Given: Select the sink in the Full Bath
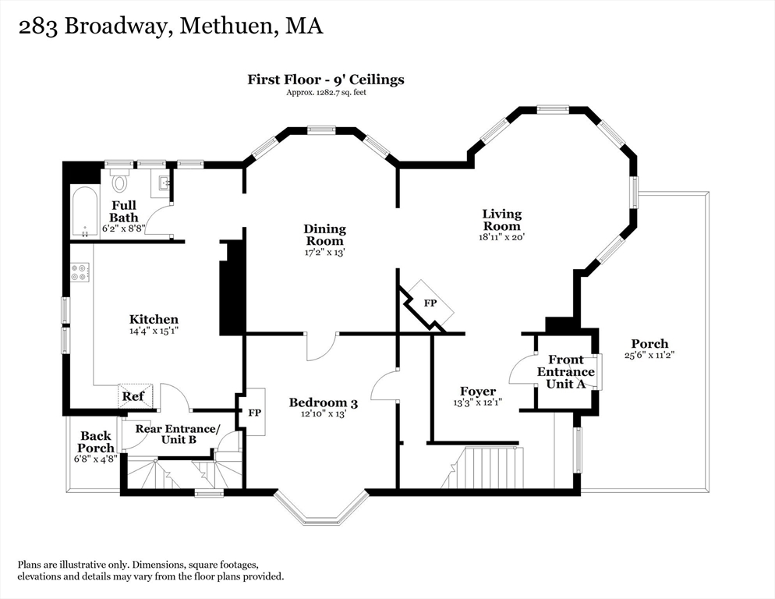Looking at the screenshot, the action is click(x=165, y=183).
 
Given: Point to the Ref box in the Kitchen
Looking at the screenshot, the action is click(x=135, y=395).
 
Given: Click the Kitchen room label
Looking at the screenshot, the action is click(x=154, y=319).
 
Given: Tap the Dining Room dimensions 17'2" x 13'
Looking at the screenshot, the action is click(x=324, y=252).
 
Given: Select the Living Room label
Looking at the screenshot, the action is click(x=501, y=220).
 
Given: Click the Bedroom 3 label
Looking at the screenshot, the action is click(x=324, y=402).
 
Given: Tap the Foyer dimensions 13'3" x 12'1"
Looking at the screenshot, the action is click(x=477, y=402).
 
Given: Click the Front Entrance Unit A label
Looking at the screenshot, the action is click(x=566, y=371).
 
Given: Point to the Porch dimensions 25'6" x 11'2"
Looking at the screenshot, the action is click(x=649, y=355).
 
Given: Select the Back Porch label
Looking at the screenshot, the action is click(x=96, y=441).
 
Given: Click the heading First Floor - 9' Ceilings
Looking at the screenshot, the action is click(x=326, y=80).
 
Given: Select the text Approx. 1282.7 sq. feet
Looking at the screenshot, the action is click(x=326, y=93).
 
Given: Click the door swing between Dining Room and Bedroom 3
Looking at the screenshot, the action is click(x=320, y=346).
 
